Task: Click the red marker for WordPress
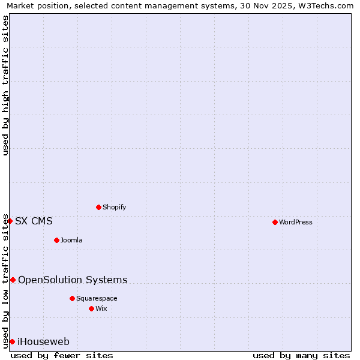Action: [x=275, y=222]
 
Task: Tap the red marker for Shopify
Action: [x=98, y=207]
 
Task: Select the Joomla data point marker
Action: [x=56, y=240]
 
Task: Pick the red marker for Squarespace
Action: [x=72, y=298]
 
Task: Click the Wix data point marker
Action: [x=91, y=308]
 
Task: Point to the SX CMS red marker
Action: [x=10, y=221]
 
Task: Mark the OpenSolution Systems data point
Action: [x=13, y=280]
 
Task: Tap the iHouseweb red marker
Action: [x=12, y=341]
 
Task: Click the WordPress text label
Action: [x=295, y=222]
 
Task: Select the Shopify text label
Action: [x=114, y=207]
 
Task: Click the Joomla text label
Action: [x=71, y=240]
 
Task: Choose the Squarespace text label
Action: [x=97, y=298]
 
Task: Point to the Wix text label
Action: [x=101, y=308]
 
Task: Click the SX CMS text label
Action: [x=34, y=221]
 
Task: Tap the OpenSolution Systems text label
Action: [x=73, y=280]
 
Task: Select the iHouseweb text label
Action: [x=43, y=341]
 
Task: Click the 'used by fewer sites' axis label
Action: [x=62, y=355]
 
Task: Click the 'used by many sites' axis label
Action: [x=301, y=355]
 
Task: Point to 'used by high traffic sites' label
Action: [x=5, y=85]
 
